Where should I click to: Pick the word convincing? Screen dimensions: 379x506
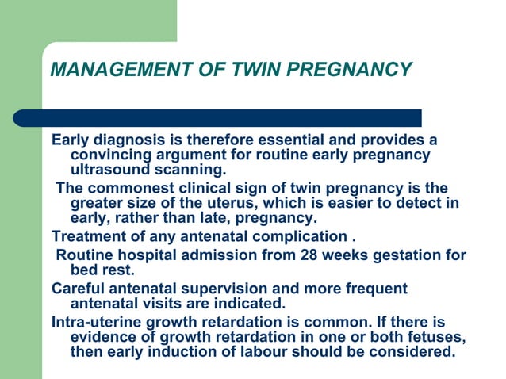113,155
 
